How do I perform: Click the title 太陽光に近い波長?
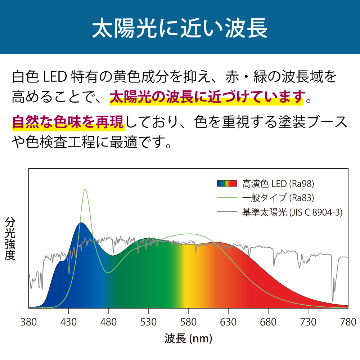point(180,28)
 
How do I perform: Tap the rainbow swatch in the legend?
point(227,184)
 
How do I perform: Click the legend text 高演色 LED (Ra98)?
point(278,184)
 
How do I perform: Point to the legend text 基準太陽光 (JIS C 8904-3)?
point(292,212)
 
